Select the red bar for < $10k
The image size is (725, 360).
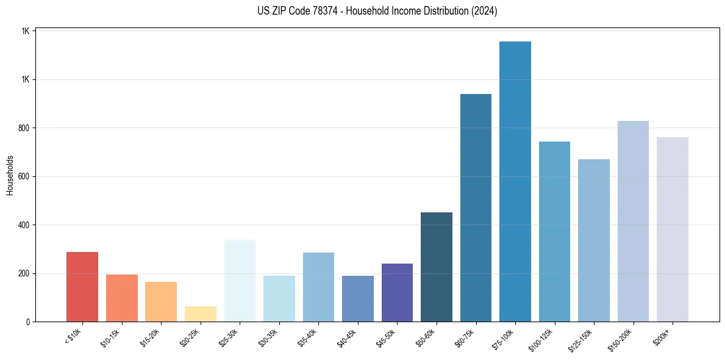pos(82,287)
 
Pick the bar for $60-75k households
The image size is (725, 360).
pos(476,207)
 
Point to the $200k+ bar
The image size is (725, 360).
pos(673,229)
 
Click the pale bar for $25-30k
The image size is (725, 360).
pos(240,281)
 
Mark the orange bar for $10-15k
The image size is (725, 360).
pos(122,298)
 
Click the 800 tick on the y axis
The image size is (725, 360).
pos(24,128)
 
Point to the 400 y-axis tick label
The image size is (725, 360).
pos(24,225)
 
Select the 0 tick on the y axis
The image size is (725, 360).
pos(28,322)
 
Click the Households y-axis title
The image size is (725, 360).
pos(10,176)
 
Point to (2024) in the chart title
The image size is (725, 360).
pos(485,11)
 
